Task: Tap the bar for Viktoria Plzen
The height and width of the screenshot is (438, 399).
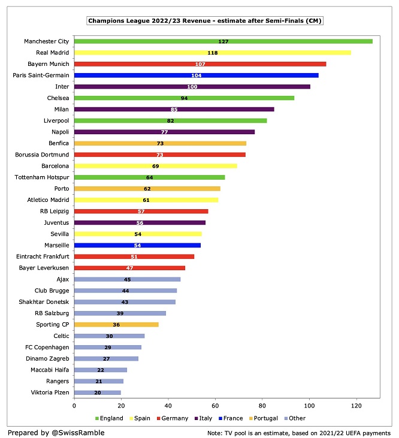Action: pyautogui.click(x=97, y=392)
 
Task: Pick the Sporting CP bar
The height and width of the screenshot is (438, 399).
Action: pyautogui.click(x=116, y=324)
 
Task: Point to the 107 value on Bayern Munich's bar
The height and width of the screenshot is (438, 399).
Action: pyautogui.click(x=200, y=64)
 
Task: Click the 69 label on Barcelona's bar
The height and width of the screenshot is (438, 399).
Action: pyautogui.click(x=155, y=166)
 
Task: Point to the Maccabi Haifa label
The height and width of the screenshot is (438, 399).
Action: pyautogui.click(x=50, y=370)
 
